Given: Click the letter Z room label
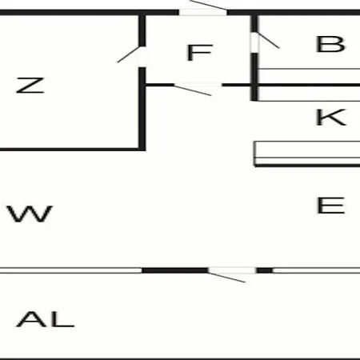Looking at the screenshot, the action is pyautogui.click(x=30, y=86).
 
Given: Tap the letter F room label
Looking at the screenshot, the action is pyautogui.click(x=200, y=52).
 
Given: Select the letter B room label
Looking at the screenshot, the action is pyautogui.click(x=330, y=44).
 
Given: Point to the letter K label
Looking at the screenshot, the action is pyautogui.click(x=331, y=117).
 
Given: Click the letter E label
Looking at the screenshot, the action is pyautogui.click(x=331, y=205).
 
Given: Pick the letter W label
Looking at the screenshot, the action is pyautogui.click(x=30, y=214).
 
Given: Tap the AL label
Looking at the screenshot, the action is pyautogui.click(x=45, y=319).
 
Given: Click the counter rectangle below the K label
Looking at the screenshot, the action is pyautogui.click(x=307, y=150).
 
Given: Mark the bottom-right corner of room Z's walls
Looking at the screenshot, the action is pyautogui.click(x=142, y=149).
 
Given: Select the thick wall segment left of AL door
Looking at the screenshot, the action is pyautogui.click(x=174, y=270).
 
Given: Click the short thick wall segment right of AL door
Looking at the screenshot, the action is pyautogui.click(x=265, y=270).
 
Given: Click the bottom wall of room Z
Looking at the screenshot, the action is pyautogui.click(x=73, y=150).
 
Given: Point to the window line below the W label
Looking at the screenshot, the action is pyautogui.click(x=70, y=270).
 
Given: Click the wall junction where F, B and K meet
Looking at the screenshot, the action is pyautogui.click(x=254, y=85).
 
